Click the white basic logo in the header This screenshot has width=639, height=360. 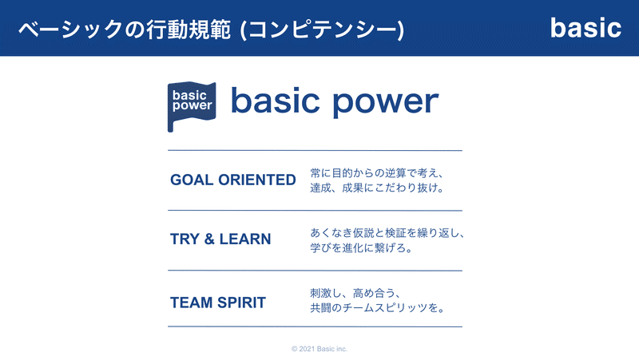pos(585,28)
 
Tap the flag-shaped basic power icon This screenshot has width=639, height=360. pos(192,107)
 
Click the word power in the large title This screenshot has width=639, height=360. pos(386,102)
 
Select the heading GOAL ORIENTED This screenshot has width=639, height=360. pos(233,180)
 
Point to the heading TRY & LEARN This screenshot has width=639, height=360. pos(220,239)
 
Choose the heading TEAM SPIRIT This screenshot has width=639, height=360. pos(218,303)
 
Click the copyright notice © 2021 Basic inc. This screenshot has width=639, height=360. pos(319,349)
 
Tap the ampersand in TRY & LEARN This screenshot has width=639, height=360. pos(209,239)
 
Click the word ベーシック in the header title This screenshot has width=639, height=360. pos(70,30)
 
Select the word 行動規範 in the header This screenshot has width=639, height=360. pos(189,30)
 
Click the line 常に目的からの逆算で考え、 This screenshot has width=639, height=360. pos(377,173)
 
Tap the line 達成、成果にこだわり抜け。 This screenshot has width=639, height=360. pos(377,188)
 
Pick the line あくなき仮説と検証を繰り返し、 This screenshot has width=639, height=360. pos(387,233)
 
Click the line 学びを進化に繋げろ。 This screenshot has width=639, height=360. pos(362,247)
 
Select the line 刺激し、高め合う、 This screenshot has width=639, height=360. pos(355,293)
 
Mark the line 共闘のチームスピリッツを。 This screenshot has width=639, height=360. pos(377,308)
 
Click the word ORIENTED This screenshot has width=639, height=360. pos(257,180)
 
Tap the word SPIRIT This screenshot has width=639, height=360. pos(242,303)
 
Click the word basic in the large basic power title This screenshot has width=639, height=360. pos(275,100)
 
